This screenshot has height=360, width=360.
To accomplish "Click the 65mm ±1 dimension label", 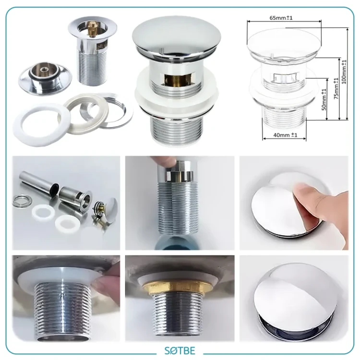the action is [x=281, y=18].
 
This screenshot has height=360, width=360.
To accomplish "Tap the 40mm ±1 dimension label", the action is [x=285, y=135].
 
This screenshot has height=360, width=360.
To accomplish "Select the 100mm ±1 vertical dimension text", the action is [x=344, y=72].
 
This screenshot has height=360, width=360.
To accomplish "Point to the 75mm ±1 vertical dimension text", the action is [x=336, y=88].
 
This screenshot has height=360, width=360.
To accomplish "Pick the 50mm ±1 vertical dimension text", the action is [x=324, y=100].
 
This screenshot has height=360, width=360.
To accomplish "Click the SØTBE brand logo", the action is [x=180, y=350].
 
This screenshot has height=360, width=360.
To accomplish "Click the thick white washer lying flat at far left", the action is [x=41, y=125].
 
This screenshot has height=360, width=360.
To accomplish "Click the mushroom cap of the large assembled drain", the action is [x=176, y=38].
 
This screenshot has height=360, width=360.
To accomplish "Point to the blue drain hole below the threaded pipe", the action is [x=176, y=243].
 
